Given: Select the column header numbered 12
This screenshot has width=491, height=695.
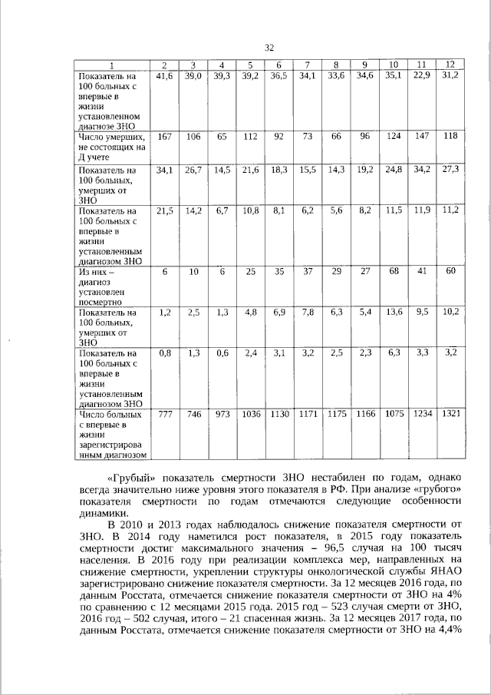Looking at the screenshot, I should (x=450, y=63).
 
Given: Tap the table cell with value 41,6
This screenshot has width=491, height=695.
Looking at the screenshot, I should (x=164, y=75).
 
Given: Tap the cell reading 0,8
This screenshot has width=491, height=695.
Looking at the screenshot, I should (x=164, y=353).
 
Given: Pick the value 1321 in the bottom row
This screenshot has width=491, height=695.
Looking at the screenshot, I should (x=450, y=414).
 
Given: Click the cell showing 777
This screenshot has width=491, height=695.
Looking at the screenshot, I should (x=164, y=414).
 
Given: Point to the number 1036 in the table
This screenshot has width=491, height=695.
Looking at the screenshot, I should (x=250, y=414).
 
